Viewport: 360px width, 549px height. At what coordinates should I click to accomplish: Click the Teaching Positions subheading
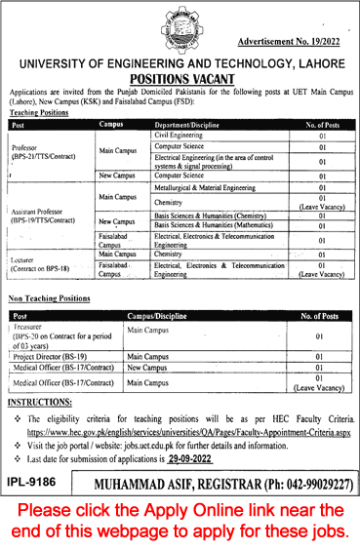(40, 113)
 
